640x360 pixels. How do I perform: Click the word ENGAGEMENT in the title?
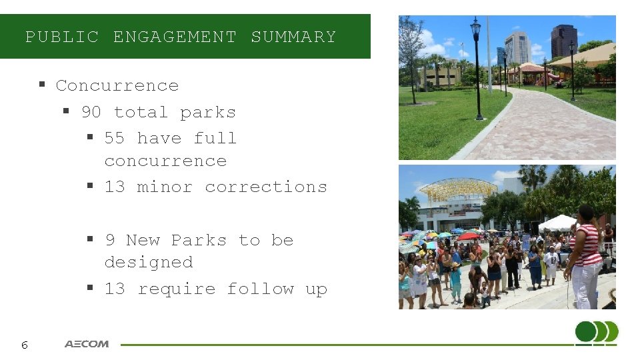click(x=175, y=37)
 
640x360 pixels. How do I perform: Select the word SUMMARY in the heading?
click(x=293, y=37)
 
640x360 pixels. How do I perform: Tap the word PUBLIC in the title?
click(x=62, y=37)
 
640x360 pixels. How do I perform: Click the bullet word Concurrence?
click(x=117, y=85)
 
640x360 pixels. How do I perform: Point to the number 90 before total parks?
click(x=91, y=112)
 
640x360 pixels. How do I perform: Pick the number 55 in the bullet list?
click(x=115, y=138)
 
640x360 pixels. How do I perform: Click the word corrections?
click(x=266, y=187)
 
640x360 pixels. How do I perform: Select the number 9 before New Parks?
click(x=110, y=240)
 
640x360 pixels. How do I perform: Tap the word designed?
click(x=149, y=262)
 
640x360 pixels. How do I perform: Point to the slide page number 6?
click(x=24, y=345)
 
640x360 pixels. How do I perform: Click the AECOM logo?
click(x=87, y=344)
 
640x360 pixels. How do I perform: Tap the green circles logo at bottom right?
click(x=597, y=333)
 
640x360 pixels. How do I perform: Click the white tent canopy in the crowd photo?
click(x=558, y=223)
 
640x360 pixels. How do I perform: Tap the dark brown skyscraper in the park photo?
click(x=564, y=41)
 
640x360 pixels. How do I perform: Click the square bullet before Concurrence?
click(x=41, y=85)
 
